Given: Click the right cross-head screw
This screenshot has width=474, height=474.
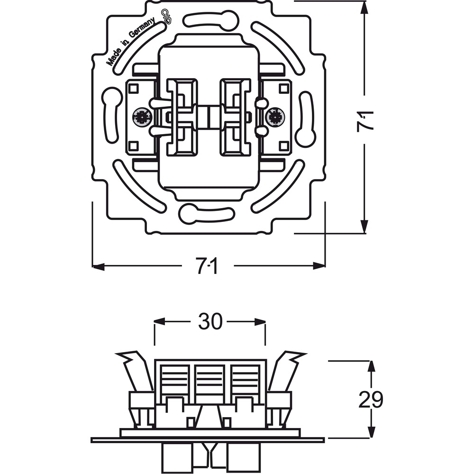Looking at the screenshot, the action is [275, 117].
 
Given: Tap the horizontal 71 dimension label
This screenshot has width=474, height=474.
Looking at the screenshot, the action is [208, 266].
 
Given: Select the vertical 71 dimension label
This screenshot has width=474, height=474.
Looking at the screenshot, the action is [365, 121].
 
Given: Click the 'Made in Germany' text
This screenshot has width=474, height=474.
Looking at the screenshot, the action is [131, 41].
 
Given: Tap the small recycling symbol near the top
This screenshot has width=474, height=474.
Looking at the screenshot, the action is [166, 17].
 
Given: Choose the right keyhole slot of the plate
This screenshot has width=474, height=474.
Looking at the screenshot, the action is [306, 119].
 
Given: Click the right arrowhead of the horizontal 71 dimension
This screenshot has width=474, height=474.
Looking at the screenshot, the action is [319, 266].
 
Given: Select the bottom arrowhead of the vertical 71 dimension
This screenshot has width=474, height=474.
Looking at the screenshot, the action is [365, 227].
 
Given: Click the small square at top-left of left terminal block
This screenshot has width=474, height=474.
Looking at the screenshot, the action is [133, 89].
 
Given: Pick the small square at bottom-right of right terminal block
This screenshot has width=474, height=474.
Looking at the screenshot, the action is [284, 146].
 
